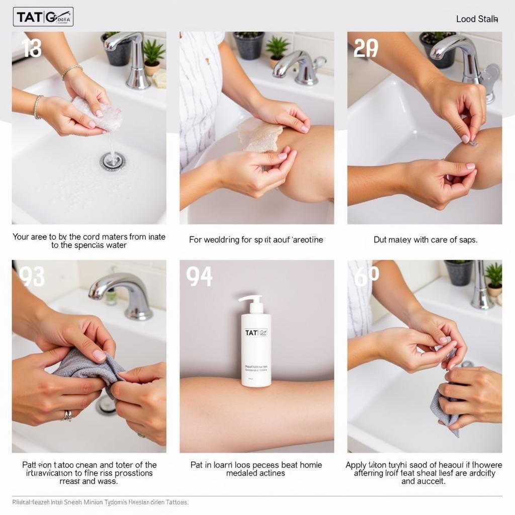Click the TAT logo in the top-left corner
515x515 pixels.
coord(43,17)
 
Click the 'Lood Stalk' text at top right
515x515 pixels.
coord(477,19)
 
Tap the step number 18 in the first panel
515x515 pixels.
coord(32,48)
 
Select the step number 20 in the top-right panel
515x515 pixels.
coord(366,48)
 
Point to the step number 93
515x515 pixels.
coord(32,277)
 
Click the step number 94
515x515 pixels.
coord(199,277)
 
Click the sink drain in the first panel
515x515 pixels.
coord(112,160)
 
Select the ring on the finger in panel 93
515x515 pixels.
coord(67,415)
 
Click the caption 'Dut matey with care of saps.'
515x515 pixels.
coord(425,240)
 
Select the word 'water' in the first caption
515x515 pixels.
coord(116,245)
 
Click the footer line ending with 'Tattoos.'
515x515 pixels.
coord(101,502)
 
